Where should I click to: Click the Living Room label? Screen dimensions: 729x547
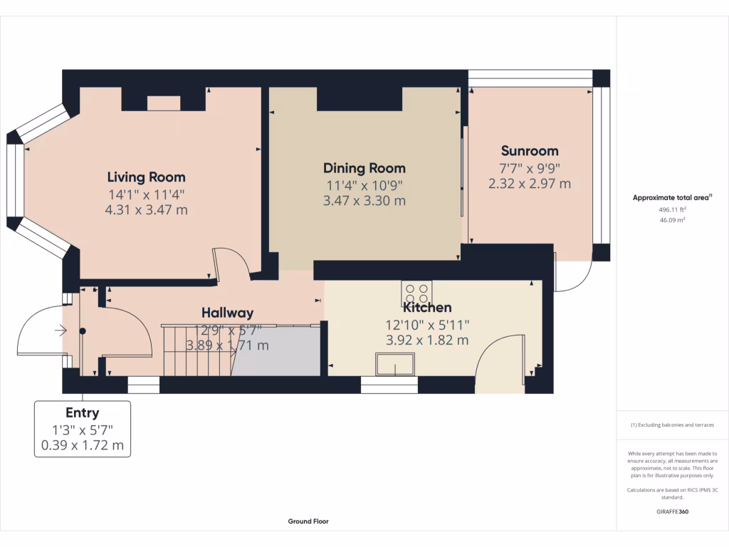pyautogui.click(x=147, y=177)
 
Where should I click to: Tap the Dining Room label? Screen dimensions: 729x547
pyautogui.click(x=364, y=168)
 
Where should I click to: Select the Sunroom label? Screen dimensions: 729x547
pyautogui.click(x=530, y=151)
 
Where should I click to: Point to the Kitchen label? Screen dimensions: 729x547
pyautogui.click(x=427, y=308)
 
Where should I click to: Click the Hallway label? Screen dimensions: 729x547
pyautogui.click(x=227, y=313)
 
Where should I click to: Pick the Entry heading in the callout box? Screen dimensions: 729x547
pyautogui.click(x=83, y=413)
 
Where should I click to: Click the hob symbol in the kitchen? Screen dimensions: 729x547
pyautogui.click(x=416, y=293)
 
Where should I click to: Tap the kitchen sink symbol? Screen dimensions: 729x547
pyautogui.click(x=395, y=364)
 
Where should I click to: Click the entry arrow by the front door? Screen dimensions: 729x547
pyautogui.click(x=61, y=330)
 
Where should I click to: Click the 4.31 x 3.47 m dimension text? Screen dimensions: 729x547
pyautogui.click(x=147, y=210)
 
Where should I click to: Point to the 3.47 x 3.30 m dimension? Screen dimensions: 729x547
pyautogui.click(x=364, y=201)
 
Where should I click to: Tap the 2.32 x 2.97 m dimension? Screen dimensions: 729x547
pyautogui.click(x=530, y=184)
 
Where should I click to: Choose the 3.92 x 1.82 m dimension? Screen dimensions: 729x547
pyautogui.click(x=427, y=340)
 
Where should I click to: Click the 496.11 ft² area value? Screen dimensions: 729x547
pyautogui.click(x=672, y=210)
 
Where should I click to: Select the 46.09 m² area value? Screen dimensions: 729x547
pyautogui.click(x=672, y=220)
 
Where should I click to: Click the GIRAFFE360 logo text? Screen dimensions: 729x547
pyautogui.click(x=672, y=511)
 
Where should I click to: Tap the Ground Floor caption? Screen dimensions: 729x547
pyautogui.click(x=308, y=521)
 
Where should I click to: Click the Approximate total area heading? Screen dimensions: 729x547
pyautogui.click(x=672, y=198)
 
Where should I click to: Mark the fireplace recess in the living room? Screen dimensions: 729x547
pyautogui.click(x=164, y=103)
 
